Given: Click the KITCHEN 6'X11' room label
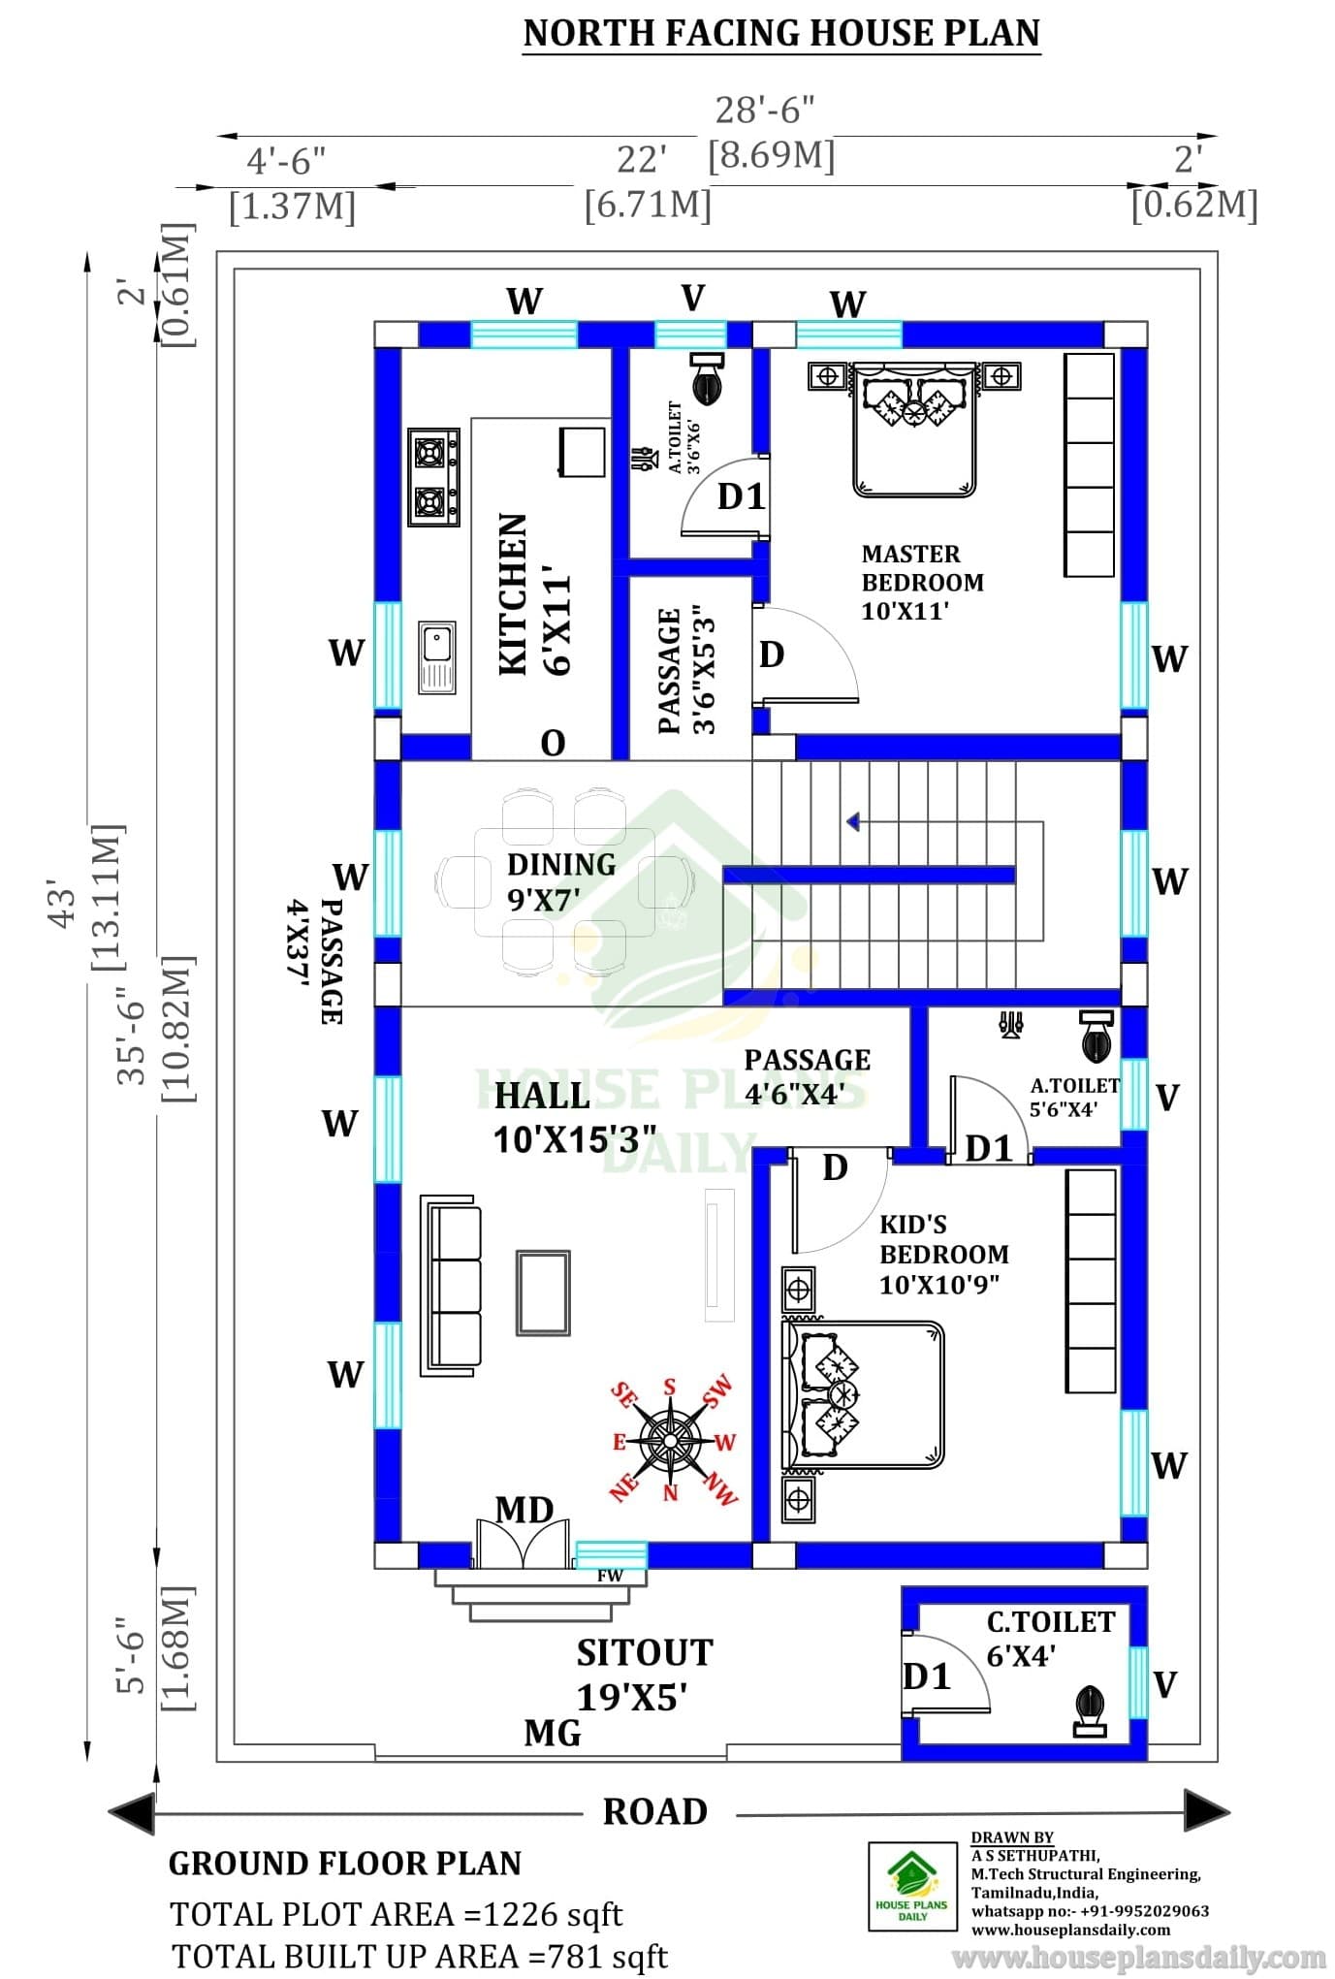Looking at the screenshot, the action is click(533, 595).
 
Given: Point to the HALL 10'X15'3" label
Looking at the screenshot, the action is click(574, 1117).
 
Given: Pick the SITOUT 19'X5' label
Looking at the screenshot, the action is click(644, 1675).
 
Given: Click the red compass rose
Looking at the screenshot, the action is click(672, 1441).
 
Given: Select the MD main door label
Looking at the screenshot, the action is click(524, 1509).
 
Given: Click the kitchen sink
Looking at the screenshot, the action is click(437, 656).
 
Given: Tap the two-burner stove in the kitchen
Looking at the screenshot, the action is click(433, 477).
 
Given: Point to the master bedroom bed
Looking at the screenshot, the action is click(913, 428).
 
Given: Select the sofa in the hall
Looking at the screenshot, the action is click(451, 1285).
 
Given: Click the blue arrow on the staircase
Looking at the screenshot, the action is click(853, 822).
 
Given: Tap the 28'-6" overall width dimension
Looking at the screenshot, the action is click(765, 111).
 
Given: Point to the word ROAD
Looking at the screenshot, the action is click(655, 1811).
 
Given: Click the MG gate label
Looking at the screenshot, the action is click(553, 1733).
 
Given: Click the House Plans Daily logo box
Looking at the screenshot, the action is click(912, 1888).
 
